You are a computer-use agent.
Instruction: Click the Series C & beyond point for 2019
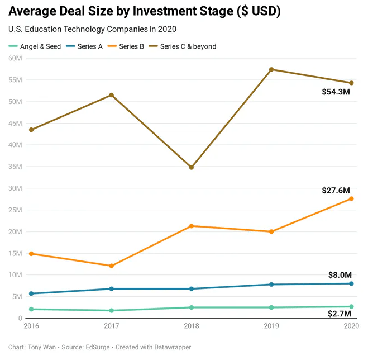pyautogui.click(x=271, y=69)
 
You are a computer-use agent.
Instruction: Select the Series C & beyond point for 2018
pyautogui.click(x=192, y=167)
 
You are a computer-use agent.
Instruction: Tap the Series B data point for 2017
pyautogui.click(x=112, y=266)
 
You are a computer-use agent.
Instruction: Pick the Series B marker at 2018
pyautogui.click(x=192, y=226)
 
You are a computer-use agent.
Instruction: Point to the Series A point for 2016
pyautogui.click(x=31, y=293)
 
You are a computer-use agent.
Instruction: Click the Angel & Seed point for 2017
pyautogui.click(x=112, y=310)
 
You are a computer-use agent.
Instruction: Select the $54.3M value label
pyautogui.click(x=336, y=92)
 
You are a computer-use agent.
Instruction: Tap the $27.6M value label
pyautogui.click(x=336, y=190)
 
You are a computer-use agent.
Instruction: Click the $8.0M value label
pyautogui.click(x=340, y=274)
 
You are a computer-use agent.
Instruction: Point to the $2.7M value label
pyautogui.click(x=340, y=314)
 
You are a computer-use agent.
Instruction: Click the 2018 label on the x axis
pyautogui.click(x=192, y=325)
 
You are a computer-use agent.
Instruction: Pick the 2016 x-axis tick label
pyautogui.click(x=31, y=325)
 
